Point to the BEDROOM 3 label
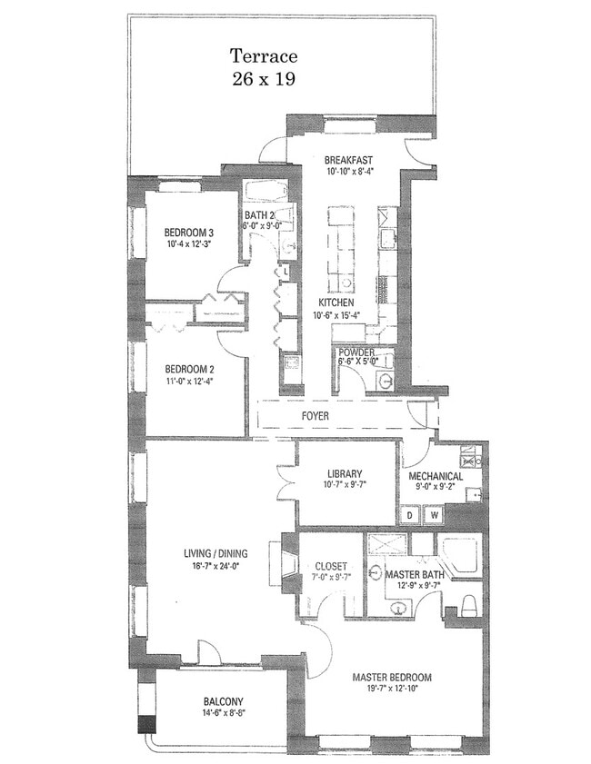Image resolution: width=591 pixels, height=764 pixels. pos(188,232)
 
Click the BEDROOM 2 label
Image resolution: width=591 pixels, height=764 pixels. pos(189,370)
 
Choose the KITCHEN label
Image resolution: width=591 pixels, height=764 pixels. pos(336,303)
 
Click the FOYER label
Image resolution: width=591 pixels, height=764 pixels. pos(315,416)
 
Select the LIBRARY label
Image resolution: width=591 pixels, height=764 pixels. pos(345,473)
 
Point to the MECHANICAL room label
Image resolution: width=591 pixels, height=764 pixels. pos(436,477)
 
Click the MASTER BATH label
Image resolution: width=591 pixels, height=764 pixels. pos(414,575)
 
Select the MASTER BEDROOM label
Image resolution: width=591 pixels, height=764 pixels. pos(392,678)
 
